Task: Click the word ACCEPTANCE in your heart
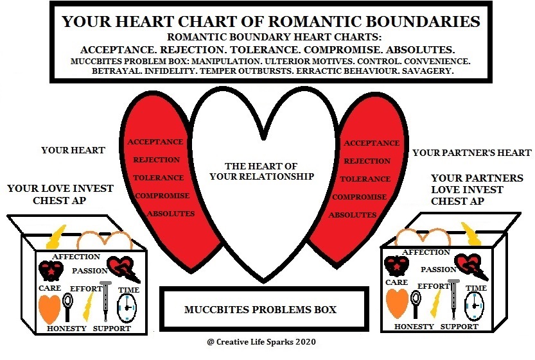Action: pyautogui.click(x=155, y=142)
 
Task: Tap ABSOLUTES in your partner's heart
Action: pyautogui.click(x=353, y=215)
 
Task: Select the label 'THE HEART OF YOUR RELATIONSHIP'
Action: pyautogui.click(x=261, y=171)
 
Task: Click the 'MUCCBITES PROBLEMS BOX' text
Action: pyautogui.click(x=260, y=309)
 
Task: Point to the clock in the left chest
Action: pyautogui.click(x=127, y=308)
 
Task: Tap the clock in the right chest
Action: pyautogui.click(x=474, y=306)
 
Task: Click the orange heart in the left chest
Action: pyautogui.click(x=50, y=309)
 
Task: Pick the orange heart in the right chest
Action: pyautogui.click(x=398, y=303)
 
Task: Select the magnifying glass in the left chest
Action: pyautogui.click(x=68, y=307)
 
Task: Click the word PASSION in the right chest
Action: pyautogui.click(x=439, y=270)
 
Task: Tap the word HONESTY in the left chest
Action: pyautogui.click(x=67, y=329)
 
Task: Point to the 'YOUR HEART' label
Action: pyautogui.click(x=73, y=150)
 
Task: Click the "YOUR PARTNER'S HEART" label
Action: pyautogui.click(x=472, y=153)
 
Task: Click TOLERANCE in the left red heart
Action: pyautogui.click(x=158, y=178)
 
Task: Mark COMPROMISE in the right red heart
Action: pyautogui.click(x=359, y=197)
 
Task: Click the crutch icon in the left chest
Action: pyautogui.click(x=105, y=301)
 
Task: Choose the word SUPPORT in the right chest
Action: pyautogui.click(x=459, y=327)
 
